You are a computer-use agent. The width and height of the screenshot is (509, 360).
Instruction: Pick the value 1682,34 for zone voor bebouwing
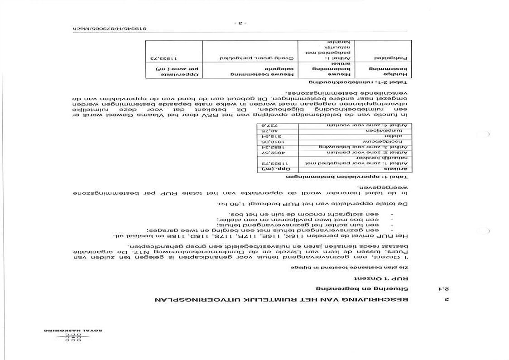click(x=272, y=147)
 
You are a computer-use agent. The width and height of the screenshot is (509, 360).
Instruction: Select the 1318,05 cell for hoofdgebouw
click(x=272, y=141)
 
